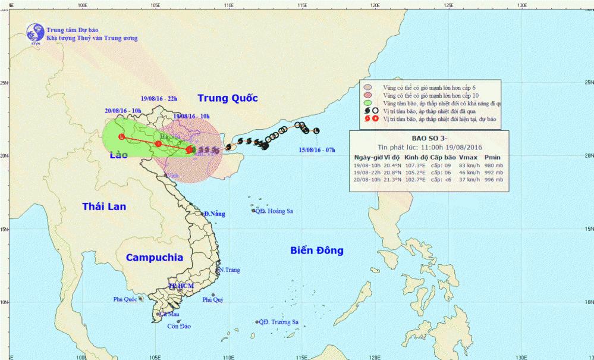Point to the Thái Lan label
tap(104, 206)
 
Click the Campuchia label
tap(154, 258)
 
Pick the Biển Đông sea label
tap(317, 251)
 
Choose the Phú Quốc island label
tap(126, 299)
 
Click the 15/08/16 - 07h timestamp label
tap(317, 150)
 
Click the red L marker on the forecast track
tap(122, 137)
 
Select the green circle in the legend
tap(367, 103)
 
